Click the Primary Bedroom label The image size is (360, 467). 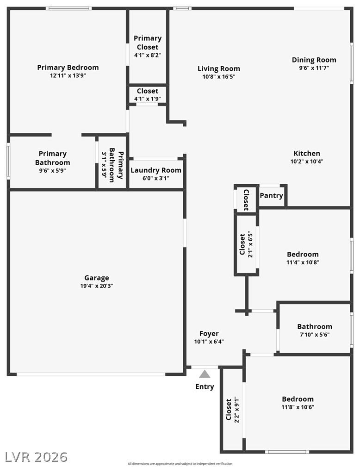68,68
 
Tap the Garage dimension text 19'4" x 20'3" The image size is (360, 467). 97,286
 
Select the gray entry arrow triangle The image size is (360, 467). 205,374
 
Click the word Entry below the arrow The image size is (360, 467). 205,386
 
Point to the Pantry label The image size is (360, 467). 271,196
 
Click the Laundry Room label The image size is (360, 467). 156,170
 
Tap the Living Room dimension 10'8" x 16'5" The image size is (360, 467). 219,77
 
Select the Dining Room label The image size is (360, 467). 314,60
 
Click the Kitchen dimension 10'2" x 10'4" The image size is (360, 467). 307,162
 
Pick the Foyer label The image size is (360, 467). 209,334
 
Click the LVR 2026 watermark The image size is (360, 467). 36,457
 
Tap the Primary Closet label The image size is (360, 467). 148,43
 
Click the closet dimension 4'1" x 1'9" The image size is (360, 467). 148,99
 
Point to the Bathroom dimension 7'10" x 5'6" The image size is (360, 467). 315,335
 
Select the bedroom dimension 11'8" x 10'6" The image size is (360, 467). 298,407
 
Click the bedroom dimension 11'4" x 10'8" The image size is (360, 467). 303,262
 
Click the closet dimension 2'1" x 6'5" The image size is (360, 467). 249,244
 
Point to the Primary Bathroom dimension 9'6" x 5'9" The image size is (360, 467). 53,171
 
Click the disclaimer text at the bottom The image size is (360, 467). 180,463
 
